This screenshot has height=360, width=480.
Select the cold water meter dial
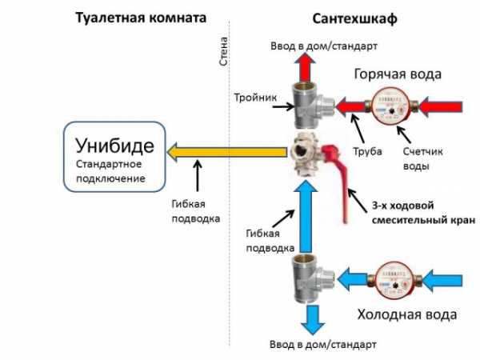pyautogui.click(x=393, y=282)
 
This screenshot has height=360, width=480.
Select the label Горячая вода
pyautogui.click(x=397, y=74)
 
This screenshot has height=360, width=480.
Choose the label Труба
pyautogui.click(x=367, y=151)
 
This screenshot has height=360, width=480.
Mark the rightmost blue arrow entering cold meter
pyautogui.click(x=444, y=282)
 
